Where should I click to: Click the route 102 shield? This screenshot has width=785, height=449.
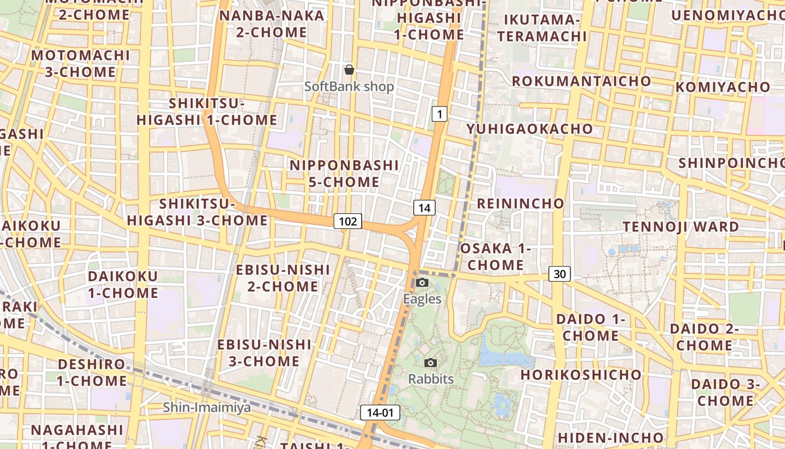(348, 221)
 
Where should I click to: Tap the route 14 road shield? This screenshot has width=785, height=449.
(424, 208)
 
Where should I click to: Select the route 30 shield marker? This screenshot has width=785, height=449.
(559, 274)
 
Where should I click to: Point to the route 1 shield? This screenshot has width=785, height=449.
(440, 114)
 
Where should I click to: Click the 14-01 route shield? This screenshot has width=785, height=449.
(380, 413)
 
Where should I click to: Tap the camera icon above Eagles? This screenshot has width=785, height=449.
(422, 282)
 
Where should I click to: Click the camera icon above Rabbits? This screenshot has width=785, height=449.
(431, 363)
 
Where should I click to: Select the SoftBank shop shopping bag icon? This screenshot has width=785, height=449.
(349, 70)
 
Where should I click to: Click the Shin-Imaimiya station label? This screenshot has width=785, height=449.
(207, 407)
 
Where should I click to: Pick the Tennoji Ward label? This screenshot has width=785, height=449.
(681, 227)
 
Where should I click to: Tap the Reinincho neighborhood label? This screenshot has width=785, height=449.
(520, 203)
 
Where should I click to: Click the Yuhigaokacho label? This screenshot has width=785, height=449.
(529, 129)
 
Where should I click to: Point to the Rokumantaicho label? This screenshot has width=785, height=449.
(581, 81)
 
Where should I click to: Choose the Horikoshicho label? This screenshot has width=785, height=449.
(581, 374)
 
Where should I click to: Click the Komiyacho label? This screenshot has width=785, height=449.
(723, 87)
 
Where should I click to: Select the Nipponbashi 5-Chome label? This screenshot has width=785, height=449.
(344, 173)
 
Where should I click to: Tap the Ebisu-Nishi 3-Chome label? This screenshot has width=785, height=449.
(264, 352)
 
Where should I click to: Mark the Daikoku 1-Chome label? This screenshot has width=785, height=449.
(123, 285)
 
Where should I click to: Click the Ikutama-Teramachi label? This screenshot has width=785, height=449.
(542, 28)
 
